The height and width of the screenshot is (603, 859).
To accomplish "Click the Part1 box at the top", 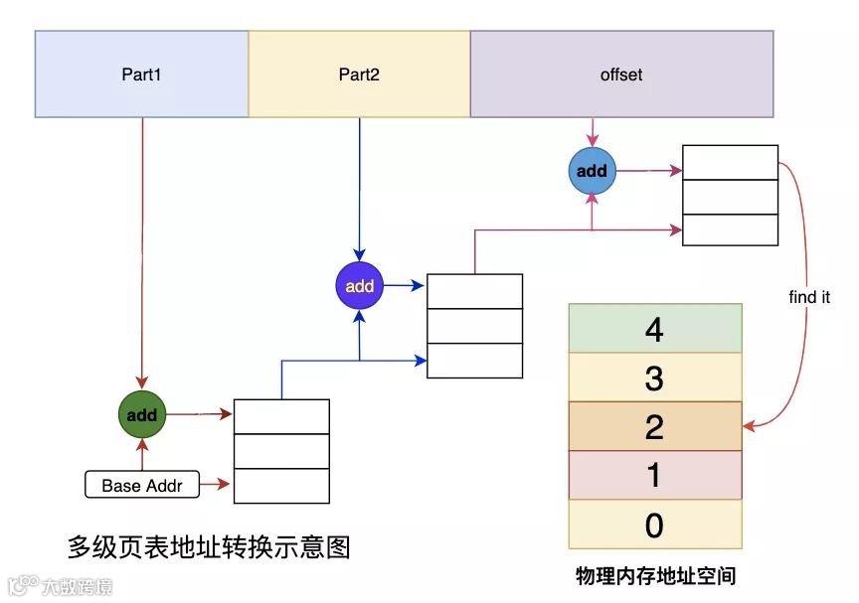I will click(141, 75).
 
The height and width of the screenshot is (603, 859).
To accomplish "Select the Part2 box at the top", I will click(359, 75).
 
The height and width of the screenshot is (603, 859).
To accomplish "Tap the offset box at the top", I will click(621, 75).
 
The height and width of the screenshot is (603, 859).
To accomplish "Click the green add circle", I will click(142, 414).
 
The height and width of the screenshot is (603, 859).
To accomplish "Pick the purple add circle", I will click(359, 286).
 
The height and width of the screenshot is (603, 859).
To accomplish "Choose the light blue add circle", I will click(592, 171).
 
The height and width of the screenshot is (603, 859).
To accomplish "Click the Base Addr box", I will click(142, 486).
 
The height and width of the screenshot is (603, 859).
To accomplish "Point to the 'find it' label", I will click(809, 297).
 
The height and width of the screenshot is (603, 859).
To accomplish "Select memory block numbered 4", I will click(655, 329).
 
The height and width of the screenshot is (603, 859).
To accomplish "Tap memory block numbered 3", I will click(655, 377).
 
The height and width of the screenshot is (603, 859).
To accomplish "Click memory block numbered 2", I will click(655, 426).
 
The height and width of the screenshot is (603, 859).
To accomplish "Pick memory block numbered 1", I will click(655, 475).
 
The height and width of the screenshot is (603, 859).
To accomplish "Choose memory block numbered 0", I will click(655, 525).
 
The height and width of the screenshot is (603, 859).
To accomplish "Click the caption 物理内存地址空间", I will click(655, 575).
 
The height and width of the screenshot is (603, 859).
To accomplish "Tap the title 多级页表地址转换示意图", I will click(209, 546).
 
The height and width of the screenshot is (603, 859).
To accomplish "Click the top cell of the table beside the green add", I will click(281, 417).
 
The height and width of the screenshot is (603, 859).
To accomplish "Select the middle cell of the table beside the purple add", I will click(474, 326).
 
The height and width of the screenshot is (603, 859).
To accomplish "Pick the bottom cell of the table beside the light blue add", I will click(730, 229).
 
